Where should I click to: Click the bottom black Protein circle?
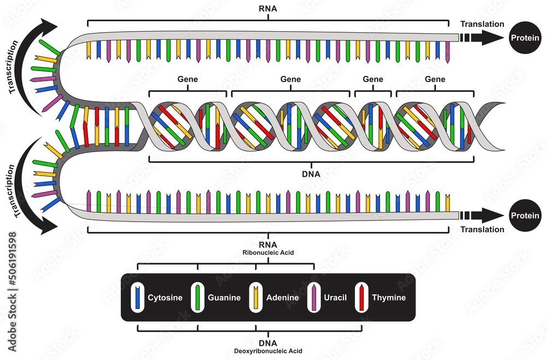point(523,215)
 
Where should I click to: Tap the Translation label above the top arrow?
point(482,24)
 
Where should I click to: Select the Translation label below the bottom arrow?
point(482,230)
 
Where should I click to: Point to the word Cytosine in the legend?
point(165,298)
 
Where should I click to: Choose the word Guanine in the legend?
point(224,298)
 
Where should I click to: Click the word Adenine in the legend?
point(282,298)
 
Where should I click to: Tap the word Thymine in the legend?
point(389,298)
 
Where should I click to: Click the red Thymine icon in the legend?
point(362,298)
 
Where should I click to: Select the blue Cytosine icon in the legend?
point(138,298)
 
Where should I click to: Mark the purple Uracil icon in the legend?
point(315,298)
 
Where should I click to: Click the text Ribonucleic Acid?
point(268,253)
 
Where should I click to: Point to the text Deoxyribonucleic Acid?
point(268,351)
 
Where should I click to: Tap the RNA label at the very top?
point(267,9)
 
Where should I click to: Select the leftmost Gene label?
point(188,79)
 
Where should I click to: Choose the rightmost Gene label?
point(435,79)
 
